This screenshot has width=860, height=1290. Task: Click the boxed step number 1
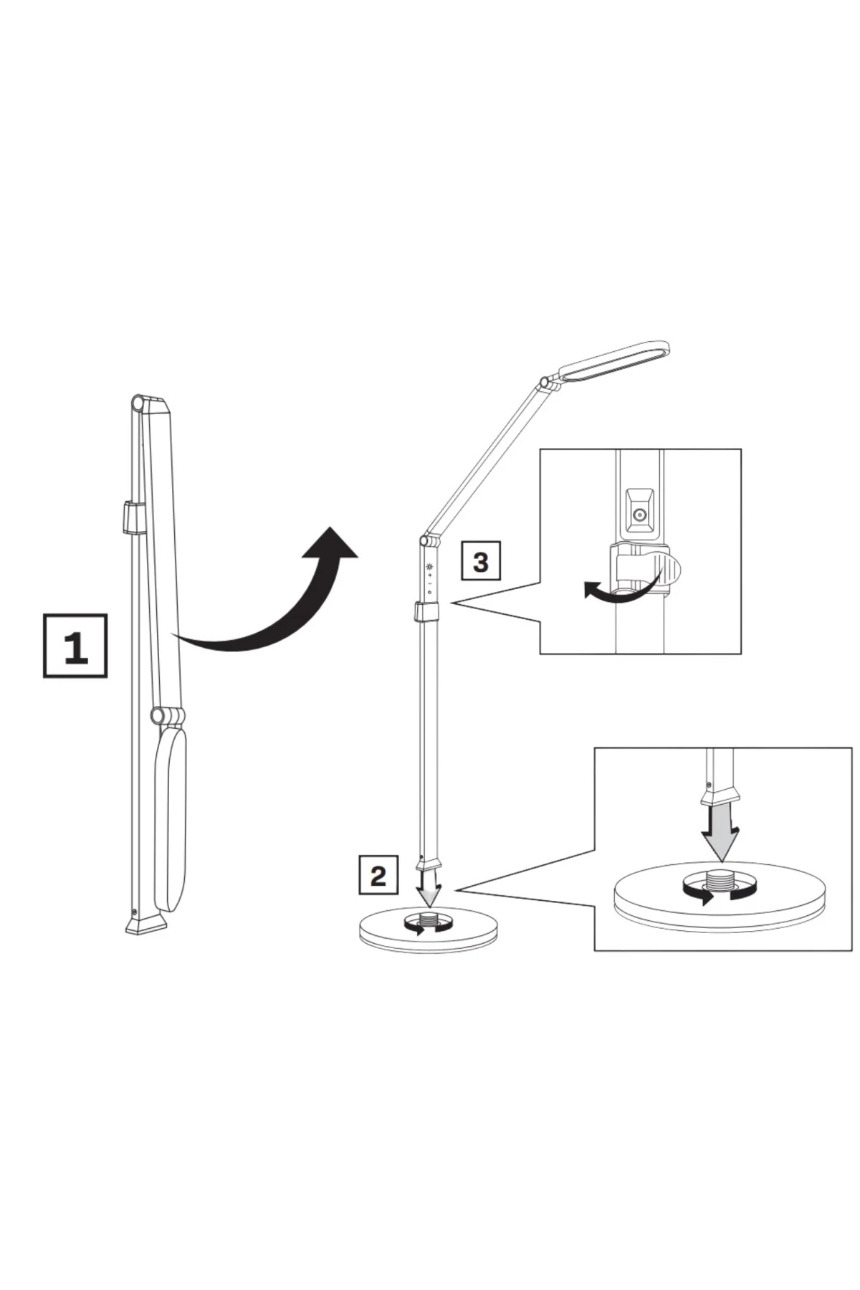click(x=75, y=645)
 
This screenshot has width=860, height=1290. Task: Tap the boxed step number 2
click(x=378, y=875)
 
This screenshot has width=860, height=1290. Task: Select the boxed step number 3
click(x=481, y=561)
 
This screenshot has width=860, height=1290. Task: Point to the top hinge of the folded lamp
click(x=138, y=403)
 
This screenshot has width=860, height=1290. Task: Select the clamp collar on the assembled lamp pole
click(x=429, y=613)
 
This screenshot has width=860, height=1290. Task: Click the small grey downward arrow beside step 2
click(x=429, y=889)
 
